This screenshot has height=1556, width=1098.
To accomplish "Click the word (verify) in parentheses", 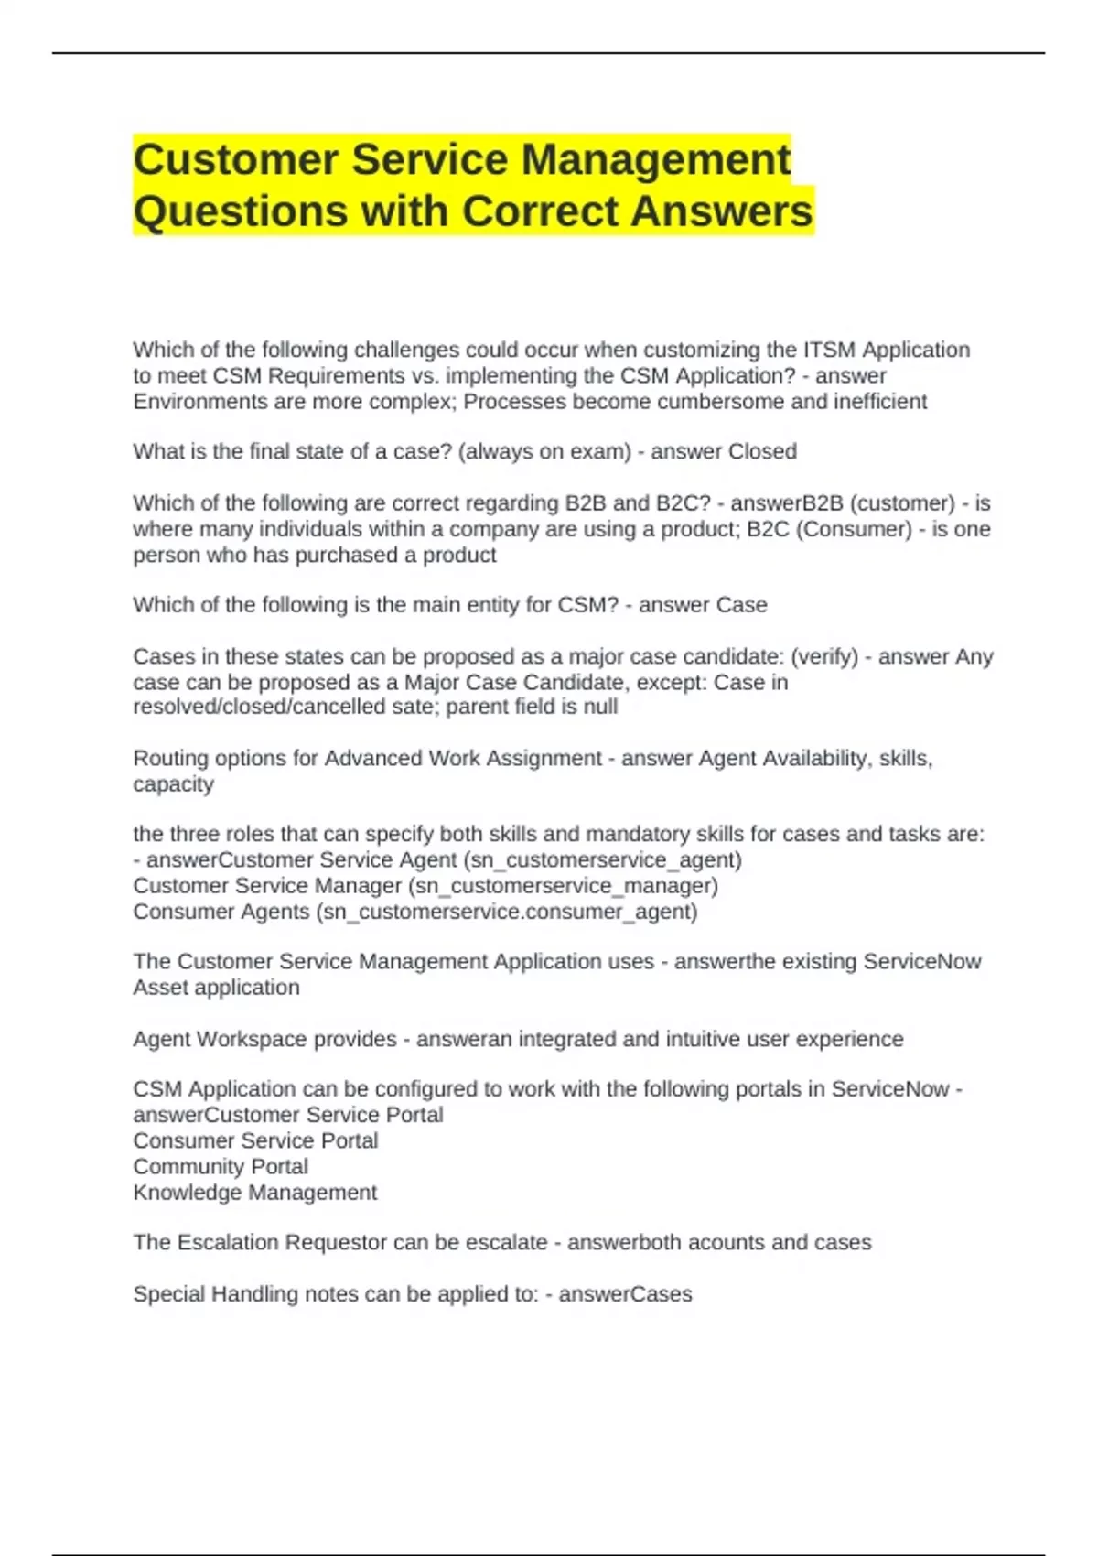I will (824, 656).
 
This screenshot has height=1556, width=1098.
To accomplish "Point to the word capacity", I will (173, 784).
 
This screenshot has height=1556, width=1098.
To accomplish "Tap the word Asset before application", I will (161, 988).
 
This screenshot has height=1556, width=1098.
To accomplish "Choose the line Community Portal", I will (221, 1167).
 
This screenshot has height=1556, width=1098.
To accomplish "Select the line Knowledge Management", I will (254, 1193).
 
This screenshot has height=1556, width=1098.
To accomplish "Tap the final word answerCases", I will (625, 1294).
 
